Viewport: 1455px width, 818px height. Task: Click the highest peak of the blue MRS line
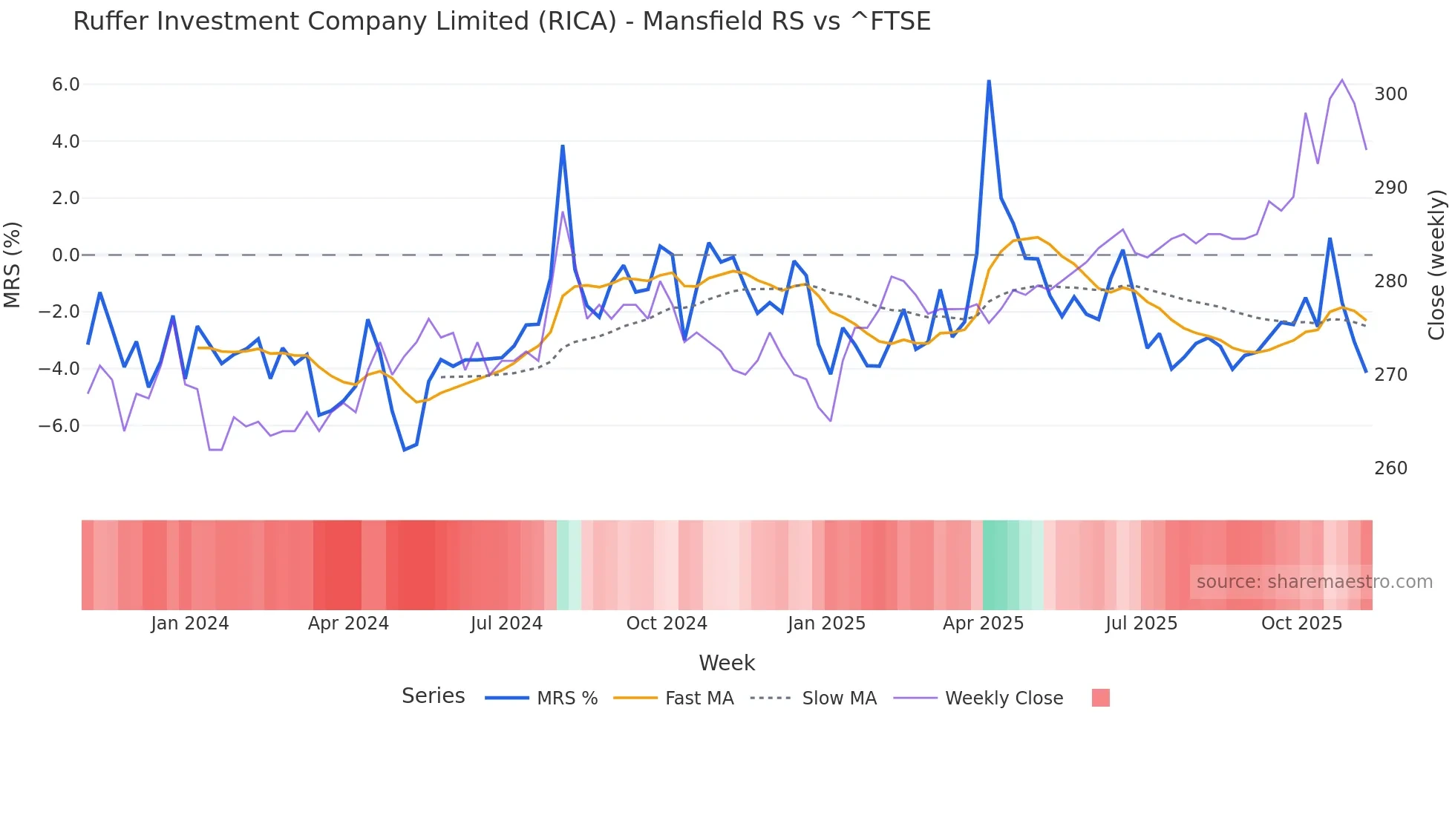coord(989,81)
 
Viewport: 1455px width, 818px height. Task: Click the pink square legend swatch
coord(1101,698)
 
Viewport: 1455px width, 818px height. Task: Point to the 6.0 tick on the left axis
coord(65,85)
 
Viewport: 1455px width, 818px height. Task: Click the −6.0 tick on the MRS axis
coord(59,426)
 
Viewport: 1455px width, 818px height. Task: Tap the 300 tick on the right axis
coord(1390,94)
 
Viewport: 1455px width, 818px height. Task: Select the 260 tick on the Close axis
coord(1390,468)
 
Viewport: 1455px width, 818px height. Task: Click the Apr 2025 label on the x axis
coord(983,624)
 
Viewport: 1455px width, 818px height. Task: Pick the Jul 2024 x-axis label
coord(506,624)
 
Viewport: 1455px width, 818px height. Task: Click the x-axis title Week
coord(727,663)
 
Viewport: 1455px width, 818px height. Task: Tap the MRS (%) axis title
coord(13,265)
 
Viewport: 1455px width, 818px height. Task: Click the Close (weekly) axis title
coord(1436,265)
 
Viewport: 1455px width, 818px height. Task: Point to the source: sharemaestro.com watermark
coord(1314,582)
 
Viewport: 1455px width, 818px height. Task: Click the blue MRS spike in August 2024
coord(563,146)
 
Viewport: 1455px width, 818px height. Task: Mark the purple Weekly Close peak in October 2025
coord(1341,80)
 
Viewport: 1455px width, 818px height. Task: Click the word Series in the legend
coord(433,696)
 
